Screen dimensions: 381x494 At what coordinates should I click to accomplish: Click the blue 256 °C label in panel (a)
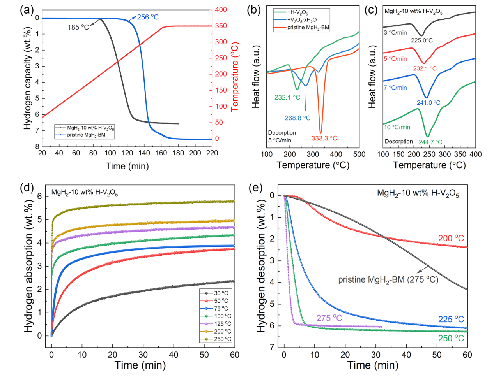click(x=148, y=17)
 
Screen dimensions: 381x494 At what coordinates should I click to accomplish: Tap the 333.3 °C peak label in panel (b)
click(x=324, y=138)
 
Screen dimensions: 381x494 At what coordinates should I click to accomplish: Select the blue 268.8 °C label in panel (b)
click(x=297, y=118)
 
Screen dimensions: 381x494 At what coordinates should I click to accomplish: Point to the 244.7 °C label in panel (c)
click(x=430, y=142)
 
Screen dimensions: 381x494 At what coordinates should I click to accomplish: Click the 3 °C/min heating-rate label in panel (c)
click(x=395, y=33)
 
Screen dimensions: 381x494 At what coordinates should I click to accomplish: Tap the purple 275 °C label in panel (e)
click(x=329, y=318)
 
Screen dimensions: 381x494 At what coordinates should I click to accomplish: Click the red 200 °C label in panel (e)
click(x=451, y=238)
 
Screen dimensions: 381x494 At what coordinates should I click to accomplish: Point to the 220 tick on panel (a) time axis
click(x=212, y=153)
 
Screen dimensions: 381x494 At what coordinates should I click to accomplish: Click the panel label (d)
click(x=27, y=188)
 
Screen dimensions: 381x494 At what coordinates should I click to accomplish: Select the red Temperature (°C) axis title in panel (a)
click(x=235, y=77)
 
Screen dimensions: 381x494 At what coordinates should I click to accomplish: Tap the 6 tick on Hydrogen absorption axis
click(x=39, y=197)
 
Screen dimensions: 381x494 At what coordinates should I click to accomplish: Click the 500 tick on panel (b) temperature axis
click(x=359, y=155)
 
